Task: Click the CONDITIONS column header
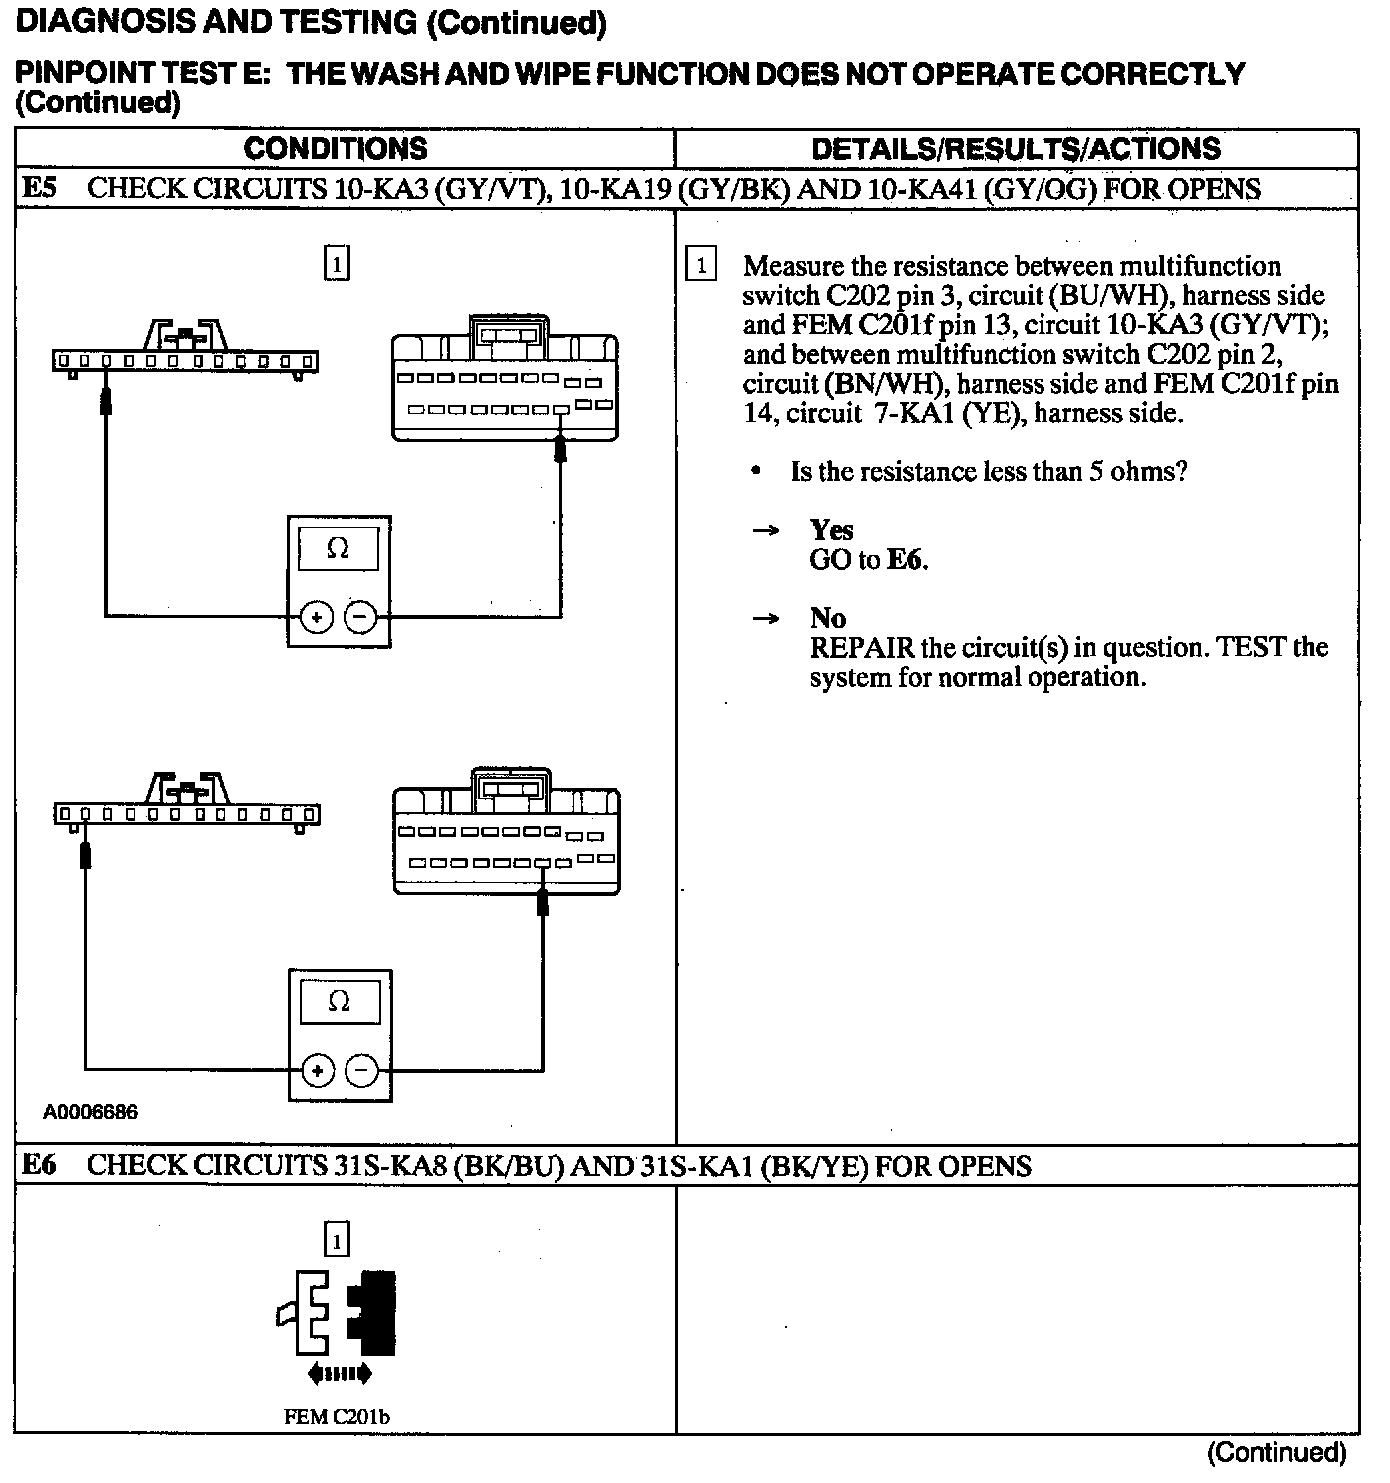[x=336, y=149]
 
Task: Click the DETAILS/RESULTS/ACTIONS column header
[x=1016, y=149]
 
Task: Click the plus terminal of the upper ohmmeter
[x=317, y=617]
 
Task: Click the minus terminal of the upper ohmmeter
[x=360, y=617]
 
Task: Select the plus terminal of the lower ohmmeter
[x=318, y=1071]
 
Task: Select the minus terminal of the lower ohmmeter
[x=361, y=1071]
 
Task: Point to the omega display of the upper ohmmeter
[x=339, y=550]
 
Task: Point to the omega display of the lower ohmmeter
[x=340, y=1001]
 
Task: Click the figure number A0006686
[x=90, y=1112]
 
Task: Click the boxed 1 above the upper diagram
[x=338, y=263]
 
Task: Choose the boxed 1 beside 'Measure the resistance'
[x=702, y=266]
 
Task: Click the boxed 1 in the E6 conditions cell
[x=338, y=1240]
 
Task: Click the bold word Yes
[x=831, y=530]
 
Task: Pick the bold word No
[x=828, y=618]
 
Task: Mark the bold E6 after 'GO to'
[x=906, y=560]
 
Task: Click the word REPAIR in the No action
[x=861, y=648]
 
